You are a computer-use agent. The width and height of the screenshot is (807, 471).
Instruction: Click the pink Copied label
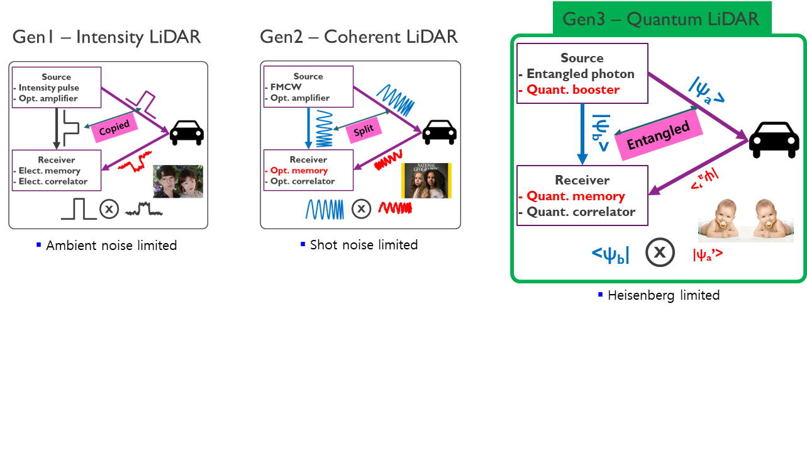point(114,127)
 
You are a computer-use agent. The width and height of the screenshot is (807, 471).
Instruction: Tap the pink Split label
point(364,129)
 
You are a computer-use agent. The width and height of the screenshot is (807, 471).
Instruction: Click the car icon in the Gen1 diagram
point(186,132)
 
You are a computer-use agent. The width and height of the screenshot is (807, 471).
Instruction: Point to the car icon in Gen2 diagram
point(439,132)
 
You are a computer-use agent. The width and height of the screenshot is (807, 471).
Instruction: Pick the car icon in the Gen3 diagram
point(776,139)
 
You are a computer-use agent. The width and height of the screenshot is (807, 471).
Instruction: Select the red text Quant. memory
point(576,196)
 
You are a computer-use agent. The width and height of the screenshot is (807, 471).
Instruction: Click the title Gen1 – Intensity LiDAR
point(107,37)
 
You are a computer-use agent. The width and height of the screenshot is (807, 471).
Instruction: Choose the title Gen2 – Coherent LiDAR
point(359,37)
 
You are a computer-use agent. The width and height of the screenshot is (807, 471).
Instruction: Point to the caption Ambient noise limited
point(111,246)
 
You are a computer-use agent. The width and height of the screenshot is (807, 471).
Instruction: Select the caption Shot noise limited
point(364,245)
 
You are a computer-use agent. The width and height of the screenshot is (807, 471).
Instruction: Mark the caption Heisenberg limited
point(664,295)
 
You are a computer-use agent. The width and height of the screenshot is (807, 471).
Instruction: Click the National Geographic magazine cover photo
point(426,181)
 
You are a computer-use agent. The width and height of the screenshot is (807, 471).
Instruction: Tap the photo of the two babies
point(745,220)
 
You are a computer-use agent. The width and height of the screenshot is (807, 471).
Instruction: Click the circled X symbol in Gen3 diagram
point(659,253)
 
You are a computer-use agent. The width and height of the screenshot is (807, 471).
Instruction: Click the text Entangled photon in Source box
point(580,74)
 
